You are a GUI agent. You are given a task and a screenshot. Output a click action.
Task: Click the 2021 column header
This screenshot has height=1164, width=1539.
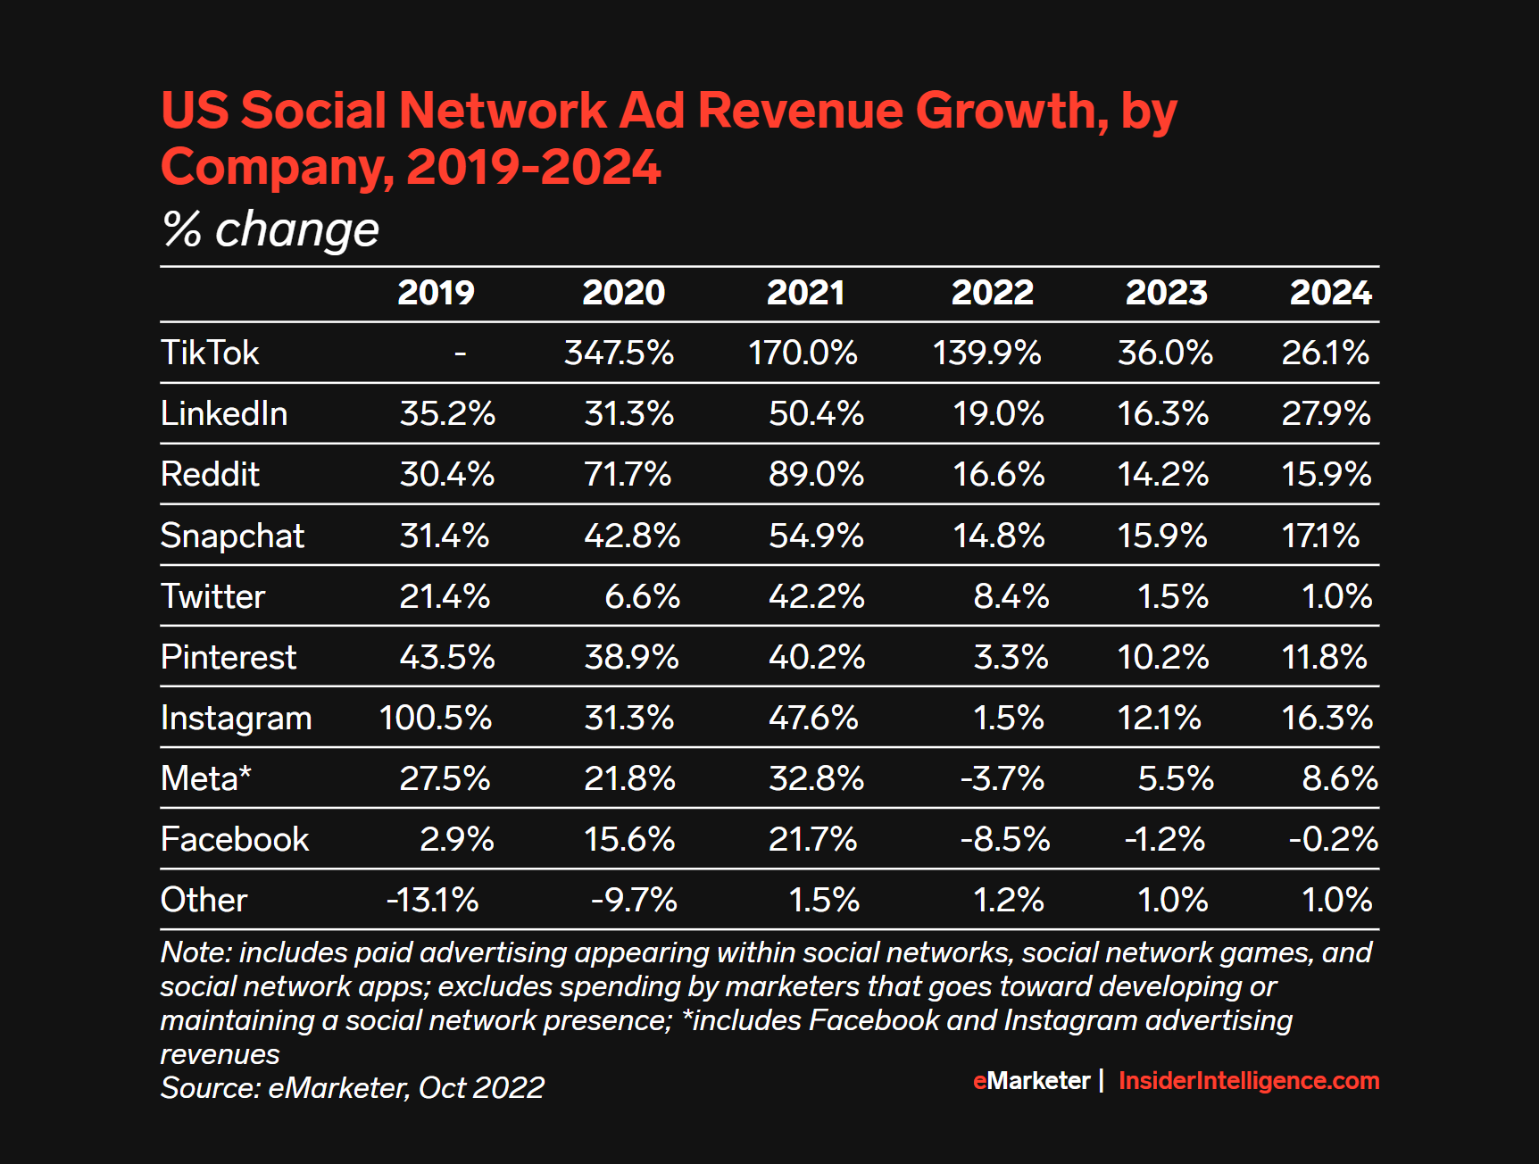pyautogui.click(x=805, y=293)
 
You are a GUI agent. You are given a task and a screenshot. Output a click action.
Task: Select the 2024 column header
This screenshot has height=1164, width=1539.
pyautogui.click(x=1330, y=293)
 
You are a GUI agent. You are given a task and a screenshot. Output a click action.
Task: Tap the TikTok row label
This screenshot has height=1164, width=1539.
pyautogui.click(x=210, y=353)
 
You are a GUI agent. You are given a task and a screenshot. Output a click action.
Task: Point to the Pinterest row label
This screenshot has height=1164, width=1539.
pyautogui.click(x=228, y=657)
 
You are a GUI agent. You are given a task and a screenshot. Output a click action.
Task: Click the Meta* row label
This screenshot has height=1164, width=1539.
pyautogui.click(x=205, y=778)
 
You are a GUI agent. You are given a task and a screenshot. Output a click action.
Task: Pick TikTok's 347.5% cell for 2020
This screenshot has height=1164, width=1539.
pyautogui.click(x=619, y=353)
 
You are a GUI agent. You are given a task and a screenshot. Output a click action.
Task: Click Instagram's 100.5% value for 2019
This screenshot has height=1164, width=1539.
pyautogui.click(x=436, y=718)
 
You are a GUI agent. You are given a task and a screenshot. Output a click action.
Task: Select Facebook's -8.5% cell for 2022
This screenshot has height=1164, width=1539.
pyautogui.click(x=1005, y=839)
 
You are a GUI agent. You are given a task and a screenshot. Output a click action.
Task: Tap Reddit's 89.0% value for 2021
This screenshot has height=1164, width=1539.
pyautogui.click(x=816, y=474)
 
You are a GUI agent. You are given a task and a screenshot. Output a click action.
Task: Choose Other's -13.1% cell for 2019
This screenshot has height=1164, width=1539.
pyautogui.click(x=432, y=900)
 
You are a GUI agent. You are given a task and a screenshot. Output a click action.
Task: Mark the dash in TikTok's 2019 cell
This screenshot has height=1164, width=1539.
pyautogui.click(x=461, y=353)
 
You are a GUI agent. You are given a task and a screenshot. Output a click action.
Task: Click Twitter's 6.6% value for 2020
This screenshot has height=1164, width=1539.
pyautogui.click(x=642, y=596)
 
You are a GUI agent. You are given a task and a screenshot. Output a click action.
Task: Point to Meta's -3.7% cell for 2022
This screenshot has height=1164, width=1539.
pyautogui.click(x=1002, y=778)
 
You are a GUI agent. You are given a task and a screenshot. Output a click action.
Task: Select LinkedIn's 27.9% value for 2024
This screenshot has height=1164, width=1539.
pyautogui.click(x=1326, y=413)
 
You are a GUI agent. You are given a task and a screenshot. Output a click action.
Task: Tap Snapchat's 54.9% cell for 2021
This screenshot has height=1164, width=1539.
pyautogui.click(x=816, y=536)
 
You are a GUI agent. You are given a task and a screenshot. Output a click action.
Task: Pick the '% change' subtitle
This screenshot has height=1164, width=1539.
pyautogui.click(x=270, y=229)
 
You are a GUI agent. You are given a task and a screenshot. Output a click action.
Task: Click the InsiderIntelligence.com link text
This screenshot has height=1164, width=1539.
pyautogui.click(x=1248, y=1081)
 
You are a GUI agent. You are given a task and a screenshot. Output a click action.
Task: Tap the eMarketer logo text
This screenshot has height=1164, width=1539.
pyautogui.click(x=1031, y=1081)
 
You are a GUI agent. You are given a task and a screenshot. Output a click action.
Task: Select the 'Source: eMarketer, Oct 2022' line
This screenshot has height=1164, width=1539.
pyautogui.click(x=352, y=1088)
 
